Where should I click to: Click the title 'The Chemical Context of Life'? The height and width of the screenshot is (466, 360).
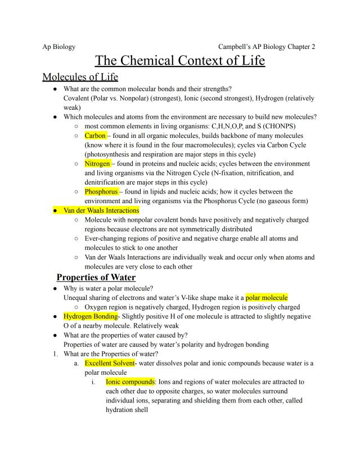click(179, 60)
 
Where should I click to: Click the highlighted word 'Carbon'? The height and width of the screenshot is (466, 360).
click(95, 136)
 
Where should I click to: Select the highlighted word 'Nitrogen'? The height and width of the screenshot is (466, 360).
click(97, 164)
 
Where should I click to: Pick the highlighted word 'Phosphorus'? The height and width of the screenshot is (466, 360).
click(101, 191)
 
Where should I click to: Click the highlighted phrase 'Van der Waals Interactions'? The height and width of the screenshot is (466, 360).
click(101, 210)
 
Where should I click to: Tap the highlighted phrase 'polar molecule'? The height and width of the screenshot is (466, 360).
click(266, 297)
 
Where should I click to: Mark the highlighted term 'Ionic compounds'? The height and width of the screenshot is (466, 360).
click(130, 382)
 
